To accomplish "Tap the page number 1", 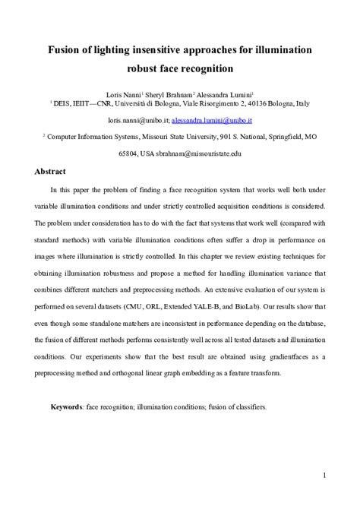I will [324, 476].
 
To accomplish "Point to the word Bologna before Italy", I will [275, 101].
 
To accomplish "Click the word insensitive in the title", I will [157, 50].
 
